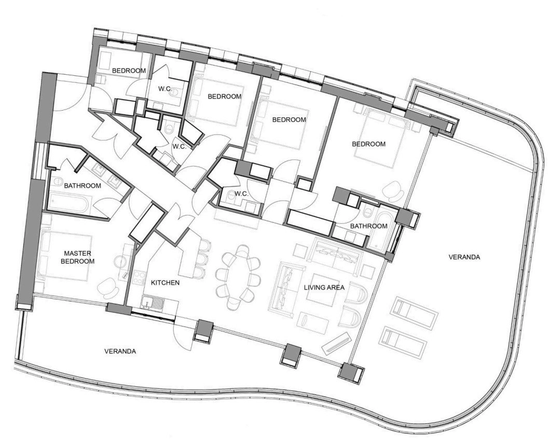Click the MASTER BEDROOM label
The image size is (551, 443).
[x=77, y=257]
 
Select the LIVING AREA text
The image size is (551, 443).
[x=324, y=288]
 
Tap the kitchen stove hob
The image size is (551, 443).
[x=139, y=277]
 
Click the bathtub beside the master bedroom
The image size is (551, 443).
[x=67, y=204]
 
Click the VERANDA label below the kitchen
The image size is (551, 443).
[x=120, y=351]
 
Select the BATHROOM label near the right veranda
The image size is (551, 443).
[x=368, y=226]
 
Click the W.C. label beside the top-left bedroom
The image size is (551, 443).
[x=165, y=89]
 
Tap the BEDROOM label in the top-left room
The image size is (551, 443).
[x=129, y=71]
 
